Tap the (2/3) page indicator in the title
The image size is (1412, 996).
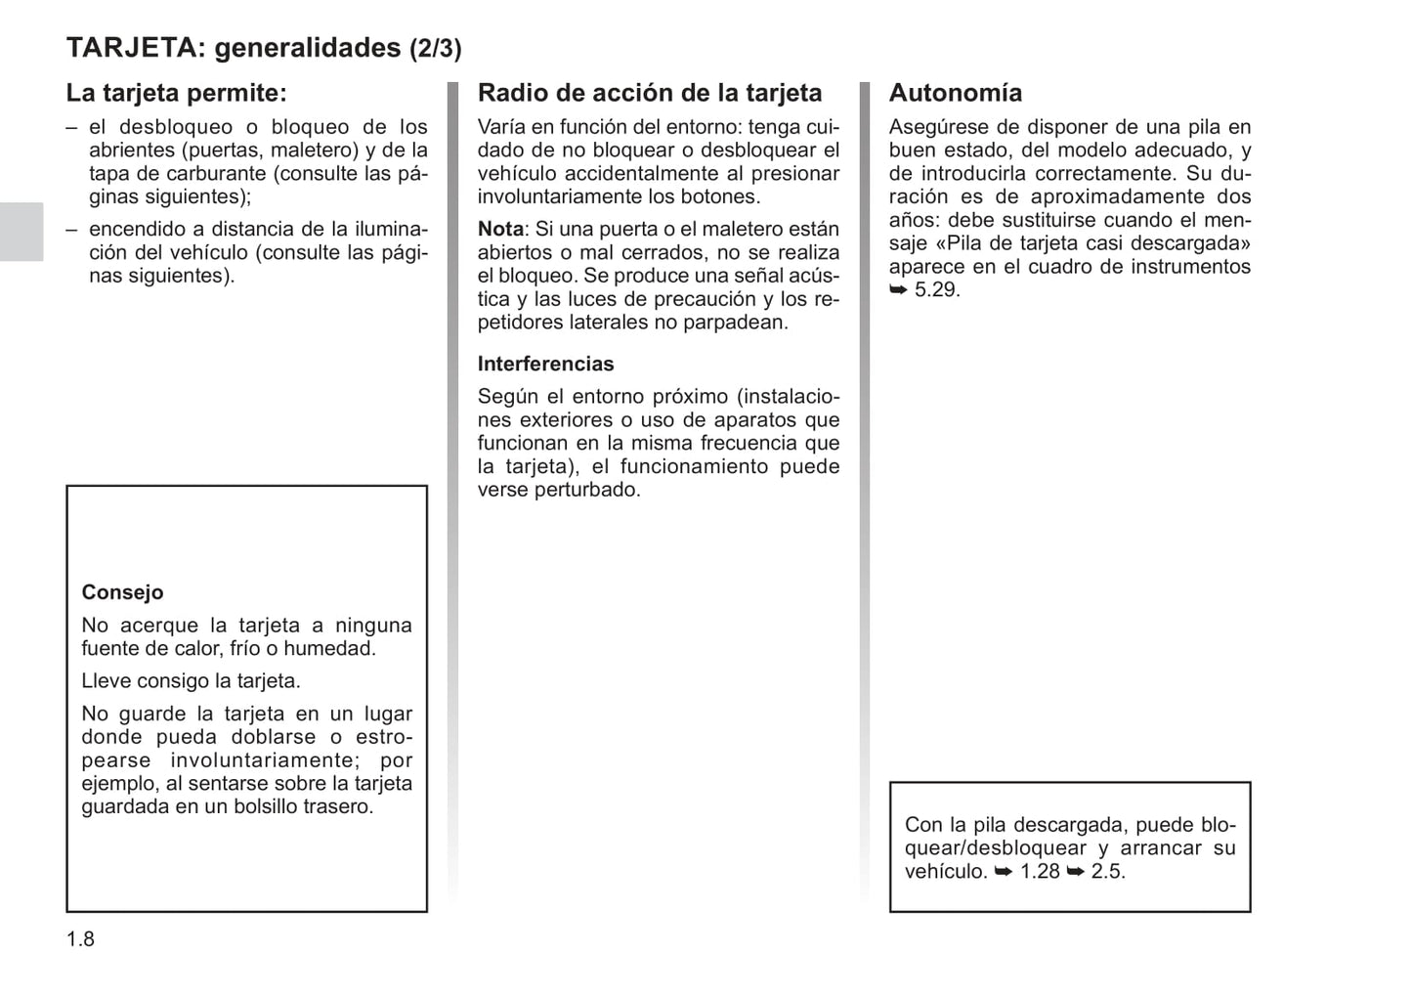(435, 48)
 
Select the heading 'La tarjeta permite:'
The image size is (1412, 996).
(176, 93)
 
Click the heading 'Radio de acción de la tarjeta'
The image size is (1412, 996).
(649, 93)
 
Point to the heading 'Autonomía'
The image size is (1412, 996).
(955, 93)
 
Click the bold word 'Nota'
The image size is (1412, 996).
(500, 229)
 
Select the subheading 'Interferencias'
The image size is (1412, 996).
(545, 364)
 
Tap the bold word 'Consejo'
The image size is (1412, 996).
(122, 592)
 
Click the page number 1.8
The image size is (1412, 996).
(80, 939)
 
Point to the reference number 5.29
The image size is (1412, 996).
(937, 290)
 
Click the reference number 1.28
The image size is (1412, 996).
(1040, 871)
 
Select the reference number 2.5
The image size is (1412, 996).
(1107, 871)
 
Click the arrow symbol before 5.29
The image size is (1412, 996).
(898, 290)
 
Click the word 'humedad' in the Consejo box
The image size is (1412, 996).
(338, 649)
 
